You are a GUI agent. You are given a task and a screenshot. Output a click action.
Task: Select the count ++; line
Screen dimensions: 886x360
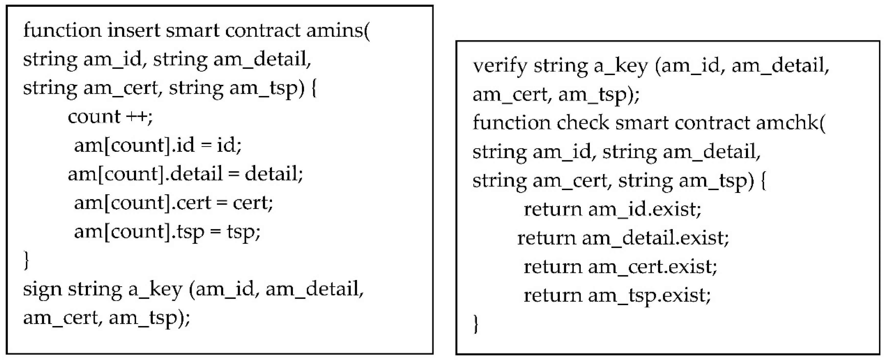[x=110, y=117]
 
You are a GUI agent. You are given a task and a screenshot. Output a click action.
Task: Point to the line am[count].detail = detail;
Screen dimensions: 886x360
[x=185, y=174]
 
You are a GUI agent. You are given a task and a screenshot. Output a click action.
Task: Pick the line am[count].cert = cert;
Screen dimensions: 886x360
[x=173, y=203]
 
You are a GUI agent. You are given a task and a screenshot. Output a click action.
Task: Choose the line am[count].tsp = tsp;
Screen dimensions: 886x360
[x=167, y=232]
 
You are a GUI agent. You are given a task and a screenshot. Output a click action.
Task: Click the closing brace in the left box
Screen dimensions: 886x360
[x=26, y=261]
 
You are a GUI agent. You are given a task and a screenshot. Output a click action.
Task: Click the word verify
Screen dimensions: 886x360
[x=499, y=66]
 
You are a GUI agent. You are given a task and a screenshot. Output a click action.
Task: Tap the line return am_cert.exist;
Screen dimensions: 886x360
[x=620, y=267]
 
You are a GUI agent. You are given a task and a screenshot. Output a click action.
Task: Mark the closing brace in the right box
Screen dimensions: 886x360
[x=476, y=324]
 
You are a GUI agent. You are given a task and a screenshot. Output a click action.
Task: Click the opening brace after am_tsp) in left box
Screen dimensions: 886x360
[x=313, y=88]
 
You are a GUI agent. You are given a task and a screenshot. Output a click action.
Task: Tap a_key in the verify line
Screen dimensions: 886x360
[x=621, y=66]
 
